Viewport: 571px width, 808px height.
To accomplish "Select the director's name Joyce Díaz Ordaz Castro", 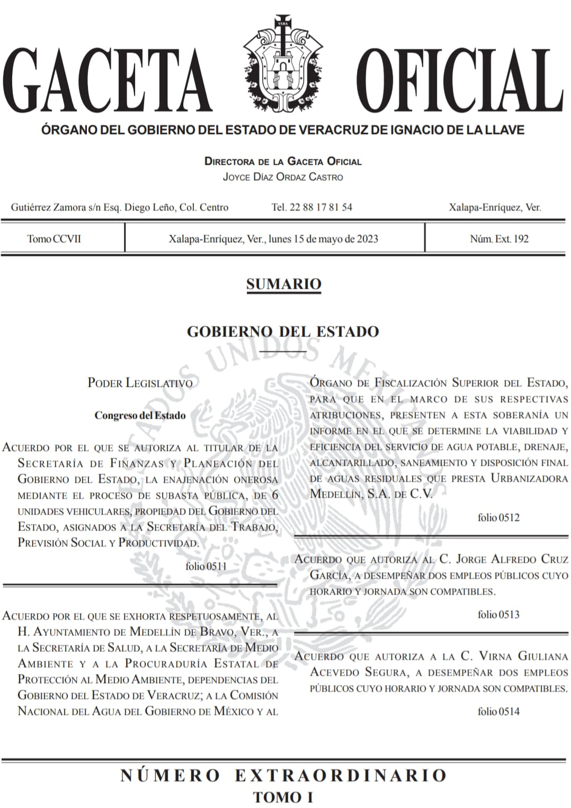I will click(x=283, y=177).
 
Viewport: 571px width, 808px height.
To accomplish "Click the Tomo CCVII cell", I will click(x=55, y=238).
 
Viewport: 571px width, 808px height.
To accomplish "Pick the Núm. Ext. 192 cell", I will click(x=499, y=238).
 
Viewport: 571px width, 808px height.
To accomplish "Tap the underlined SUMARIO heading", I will click(x=283, y=284).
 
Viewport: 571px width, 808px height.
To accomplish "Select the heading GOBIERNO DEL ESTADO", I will click(x=283, y=332).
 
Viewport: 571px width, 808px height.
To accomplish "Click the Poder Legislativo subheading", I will click(x=140, y=383).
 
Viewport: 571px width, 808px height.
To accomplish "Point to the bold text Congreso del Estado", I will click(x=140, y=415).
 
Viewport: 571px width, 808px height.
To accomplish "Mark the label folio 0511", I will click(x=206, y=566).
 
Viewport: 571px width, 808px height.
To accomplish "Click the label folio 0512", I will click(x=498, y=517).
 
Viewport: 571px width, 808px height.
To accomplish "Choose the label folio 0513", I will click(x=498, y=614).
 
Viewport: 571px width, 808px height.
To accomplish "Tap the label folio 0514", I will click(x=498, y=711).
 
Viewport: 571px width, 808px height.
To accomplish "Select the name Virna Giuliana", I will click(x=513, y=656).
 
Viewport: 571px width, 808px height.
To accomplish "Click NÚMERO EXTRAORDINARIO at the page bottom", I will click(x=283, y=776).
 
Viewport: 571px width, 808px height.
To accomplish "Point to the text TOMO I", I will click(x=283, y=796).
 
